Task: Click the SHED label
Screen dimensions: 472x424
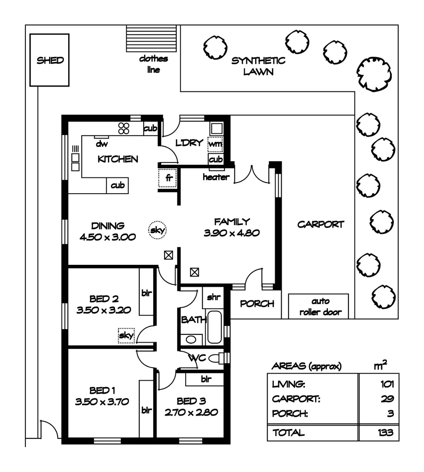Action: tap(50, 60)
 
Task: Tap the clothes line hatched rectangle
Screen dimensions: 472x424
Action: tap(152, 39)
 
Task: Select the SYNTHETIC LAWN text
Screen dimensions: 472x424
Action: tap(258, 66)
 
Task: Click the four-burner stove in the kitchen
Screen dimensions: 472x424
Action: tap(124, 128)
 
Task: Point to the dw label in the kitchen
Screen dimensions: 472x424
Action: tap(102, 143)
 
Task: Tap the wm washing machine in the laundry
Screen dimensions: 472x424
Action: tap(216, 143)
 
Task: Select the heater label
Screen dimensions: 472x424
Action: tap(216, 177)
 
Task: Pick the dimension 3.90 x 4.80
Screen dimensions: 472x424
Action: tap(231, 233)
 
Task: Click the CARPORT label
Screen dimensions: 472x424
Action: tap(321, 224)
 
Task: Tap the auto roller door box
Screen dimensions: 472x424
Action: tap(321, 306)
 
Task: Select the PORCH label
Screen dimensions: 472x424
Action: tap(257, 303)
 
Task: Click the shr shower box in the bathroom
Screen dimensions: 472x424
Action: tap(213, 298)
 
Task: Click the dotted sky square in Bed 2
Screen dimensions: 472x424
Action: tap(127, 336)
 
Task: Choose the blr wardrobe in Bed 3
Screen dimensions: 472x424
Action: tap(205, 379)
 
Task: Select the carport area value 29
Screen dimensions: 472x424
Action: tap(387, 399)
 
